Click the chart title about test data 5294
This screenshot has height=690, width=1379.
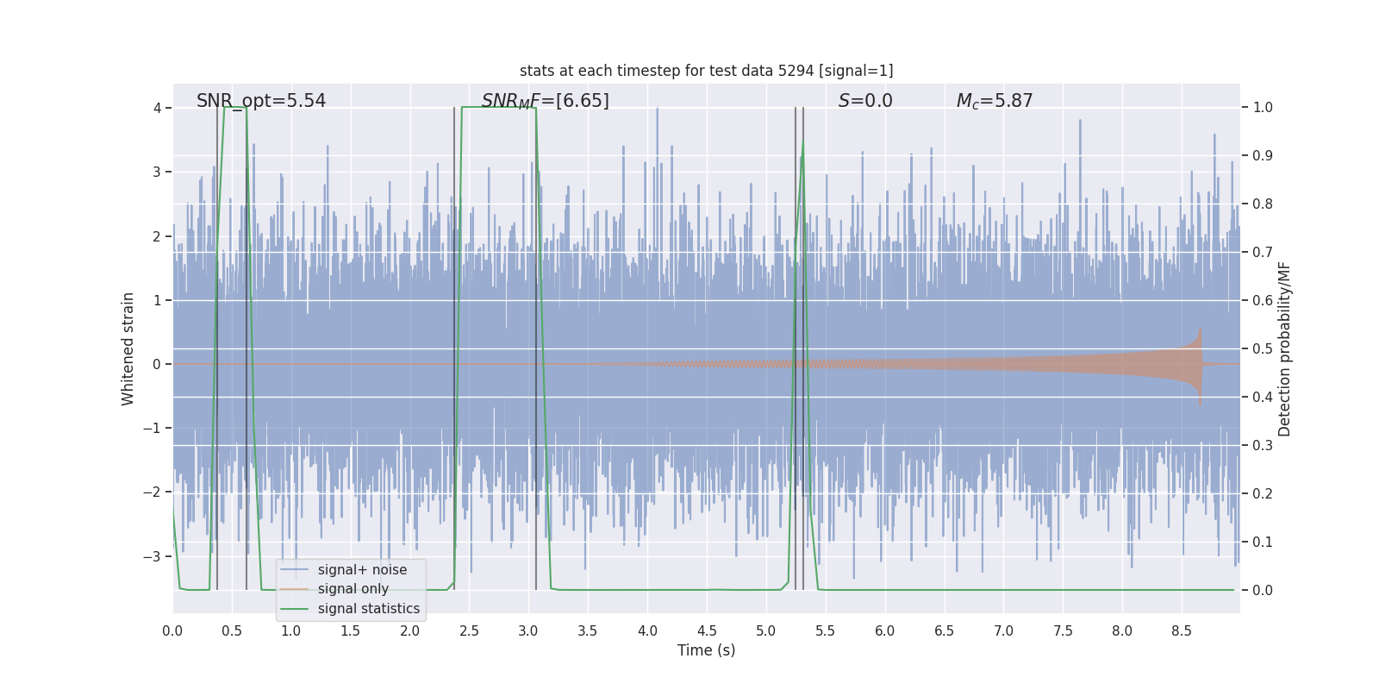[x=706, y=71]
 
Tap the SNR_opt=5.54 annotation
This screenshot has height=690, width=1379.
[x=261, y=101]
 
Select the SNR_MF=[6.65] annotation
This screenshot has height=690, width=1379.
[x=545, y=101]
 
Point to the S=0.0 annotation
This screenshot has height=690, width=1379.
[x=865, y=101]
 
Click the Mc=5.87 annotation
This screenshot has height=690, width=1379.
[x=994, y=101]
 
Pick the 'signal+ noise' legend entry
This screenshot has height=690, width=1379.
[x=362, y=570]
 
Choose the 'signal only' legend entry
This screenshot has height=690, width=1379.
[x=353, y=589]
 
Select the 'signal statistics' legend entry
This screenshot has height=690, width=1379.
[x=368, y=609]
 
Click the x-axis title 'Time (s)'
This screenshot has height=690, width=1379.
[x=706, y=650]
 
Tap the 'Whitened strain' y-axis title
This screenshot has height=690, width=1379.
[x=128, y=348]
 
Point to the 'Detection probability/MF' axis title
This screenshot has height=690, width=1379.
[x=1284, y=348]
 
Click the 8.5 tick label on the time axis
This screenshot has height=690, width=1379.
[x=1181, y=631]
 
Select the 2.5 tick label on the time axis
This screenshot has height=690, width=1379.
[x=469, y=631]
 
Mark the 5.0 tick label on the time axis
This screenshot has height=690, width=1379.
[x=765, y=631]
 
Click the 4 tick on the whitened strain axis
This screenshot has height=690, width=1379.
[x=158, y=108]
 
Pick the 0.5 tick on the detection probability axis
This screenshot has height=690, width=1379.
[x=1263, y=348]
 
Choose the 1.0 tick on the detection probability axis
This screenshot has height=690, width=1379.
[x=1263, y=108]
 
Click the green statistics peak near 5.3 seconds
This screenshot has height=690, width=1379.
[x=803, y=143]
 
